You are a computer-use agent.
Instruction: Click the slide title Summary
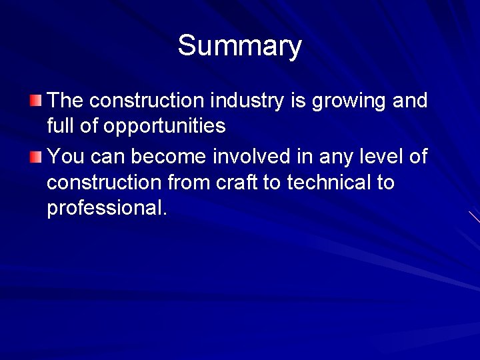click(239, 46)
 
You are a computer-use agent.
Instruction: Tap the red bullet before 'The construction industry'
click(35, 101)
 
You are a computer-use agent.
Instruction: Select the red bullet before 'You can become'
click(35, 157)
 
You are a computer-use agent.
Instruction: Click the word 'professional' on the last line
click(104, 208)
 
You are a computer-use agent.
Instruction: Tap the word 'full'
click(58, 125)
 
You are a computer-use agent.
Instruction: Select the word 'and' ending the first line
click(410, 101)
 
